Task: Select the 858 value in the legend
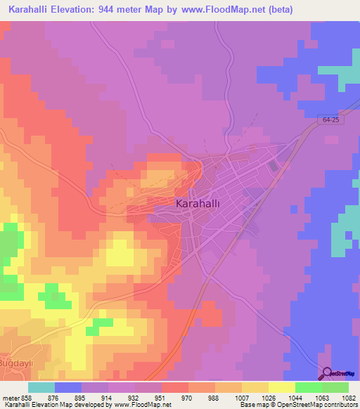pos(28,398)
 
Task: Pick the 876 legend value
pos(55,398)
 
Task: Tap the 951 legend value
pos(161,398)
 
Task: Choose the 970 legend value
pos(188,398)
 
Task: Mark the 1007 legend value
pos(241,398)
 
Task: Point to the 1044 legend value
pos(295,398)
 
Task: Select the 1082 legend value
pos(348,398)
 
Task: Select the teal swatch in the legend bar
pos(41,387)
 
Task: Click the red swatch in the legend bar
pos(174,387)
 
